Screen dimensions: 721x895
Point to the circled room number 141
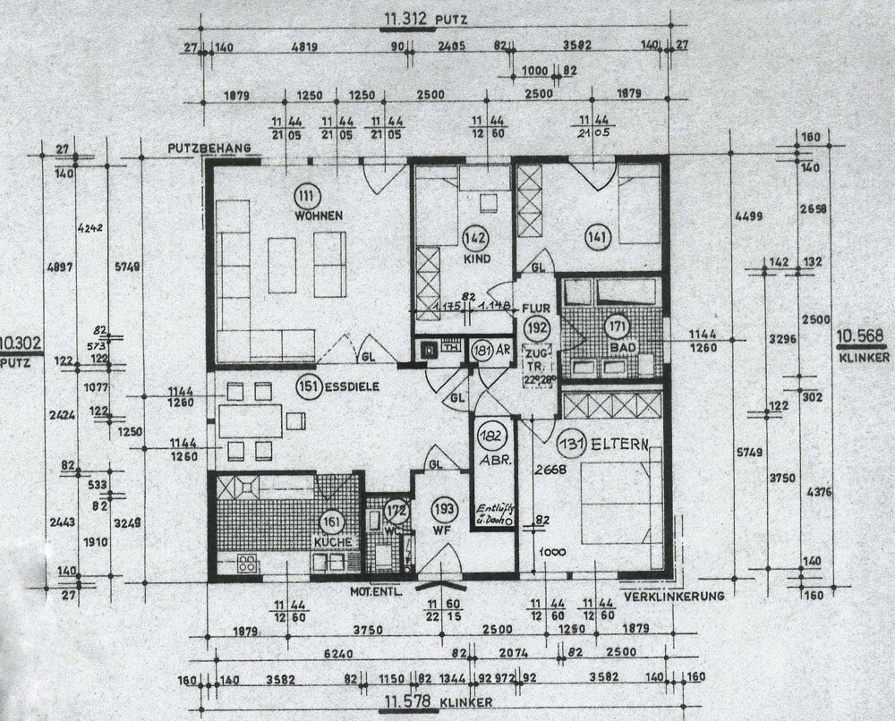597,237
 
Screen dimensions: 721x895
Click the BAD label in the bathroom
618,345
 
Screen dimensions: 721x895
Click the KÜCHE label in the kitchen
333,543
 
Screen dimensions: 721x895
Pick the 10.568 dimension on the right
861,337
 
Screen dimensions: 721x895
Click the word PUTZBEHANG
207,148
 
